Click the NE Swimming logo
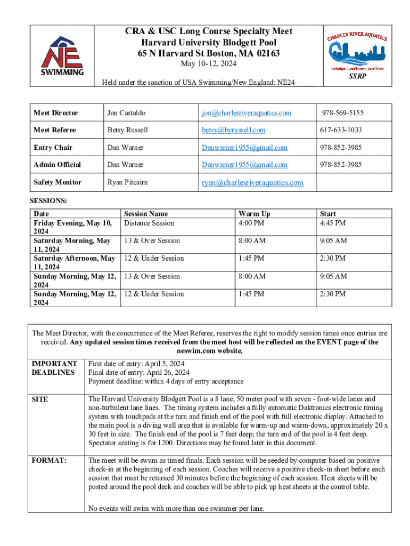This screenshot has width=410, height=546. (x=62, y=56)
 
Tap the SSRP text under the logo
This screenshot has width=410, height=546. (x=357, y=76)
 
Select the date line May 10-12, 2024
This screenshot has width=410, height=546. (x=209, y=64)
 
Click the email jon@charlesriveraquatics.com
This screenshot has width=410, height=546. (x=246, y=113)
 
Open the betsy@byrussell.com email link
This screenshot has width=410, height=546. (x=233, y=130)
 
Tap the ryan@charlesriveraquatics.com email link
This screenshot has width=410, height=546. (x=252, y=182)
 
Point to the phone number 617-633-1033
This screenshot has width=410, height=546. (x=341, y=130)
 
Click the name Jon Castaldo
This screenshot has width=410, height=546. (x=126, y=113)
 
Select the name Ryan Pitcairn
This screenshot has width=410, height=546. (x=127, y=182)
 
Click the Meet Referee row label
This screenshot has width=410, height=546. (x=55, y=130)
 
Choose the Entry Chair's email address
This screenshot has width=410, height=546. (x=244, y=148)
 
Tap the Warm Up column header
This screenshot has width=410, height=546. (x=254, y=214)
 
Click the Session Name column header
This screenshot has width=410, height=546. (x=146, y=214)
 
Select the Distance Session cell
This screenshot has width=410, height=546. (x=149, y=223)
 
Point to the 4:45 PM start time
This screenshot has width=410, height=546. (x=332, y=223)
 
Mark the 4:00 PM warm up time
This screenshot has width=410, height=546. (x=251, y=223)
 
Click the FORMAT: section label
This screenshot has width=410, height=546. (x=49, y=460)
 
